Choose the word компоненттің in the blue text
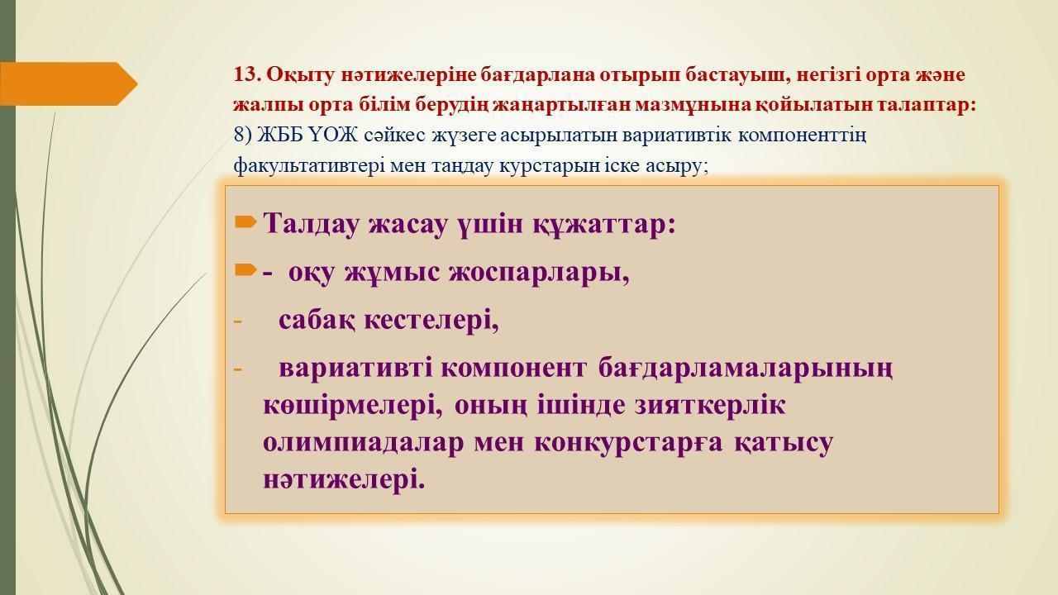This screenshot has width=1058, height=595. pos(802,136)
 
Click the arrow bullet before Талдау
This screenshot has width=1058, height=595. pos(245,221)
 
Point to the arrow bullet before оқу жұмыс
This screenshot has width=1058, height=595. pos(245,270)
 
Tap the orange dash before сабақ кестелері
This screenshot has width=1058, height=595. pos(237,321)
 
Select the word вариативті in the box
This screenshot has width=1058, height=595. pos(355,368)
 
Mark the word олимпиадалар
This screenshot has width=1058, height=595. pos(363,444)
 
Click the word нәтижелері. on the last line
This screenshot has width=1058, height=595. pos(344,479)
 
